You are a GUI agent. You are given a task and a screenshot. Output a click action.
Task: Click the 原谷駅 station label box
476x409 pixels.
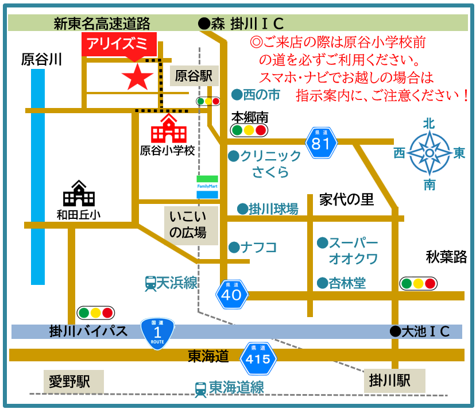[x=194, y=75]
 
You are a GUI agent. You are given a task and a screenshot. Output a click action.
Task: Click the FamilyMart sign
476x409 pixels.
[x=207, y=187]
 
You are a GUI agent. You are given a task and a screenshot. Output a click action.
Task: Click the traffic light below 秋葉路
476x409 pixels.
[x=419, y=283]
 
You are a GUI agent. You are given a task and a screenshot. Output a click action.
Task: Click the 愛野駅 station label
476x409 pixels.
[x=75, y=381]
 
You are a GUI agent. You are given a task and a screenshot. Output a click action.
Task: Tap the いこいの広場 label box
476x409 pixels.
[x=191, y=225]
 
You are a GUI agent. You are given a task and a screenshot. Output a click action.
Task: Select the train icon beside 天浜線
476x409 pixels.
[x=150, y=283]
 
